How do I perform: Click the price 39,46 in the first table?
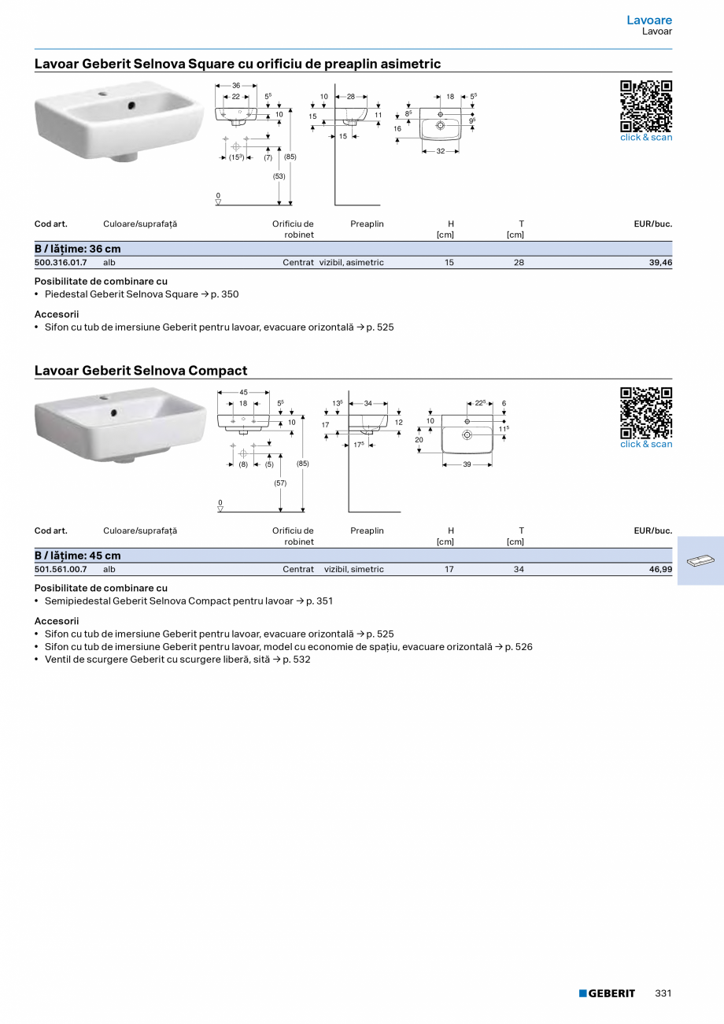click(660, 263)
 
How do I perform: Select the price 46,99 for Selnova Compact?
click(660, 569)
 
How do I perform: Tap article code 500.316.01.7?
click(61, 263)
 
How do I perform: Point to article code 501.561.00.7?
click(61, 569)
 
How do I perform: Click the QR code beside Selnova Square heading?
click(646, 106)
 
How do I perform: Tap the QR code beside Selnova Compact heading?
click(646, 413)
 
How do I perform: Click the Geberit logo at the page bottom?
click(607, 993)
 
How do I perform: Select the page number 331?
click(663, 993)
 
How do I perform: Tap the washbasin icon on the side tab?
click(700, 560)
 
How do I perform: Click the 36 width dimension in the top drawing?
click(236, 85)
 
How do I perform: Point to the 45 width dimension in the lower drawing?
click(243, 392)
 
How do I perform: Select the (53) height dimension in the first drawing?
click(279, 176)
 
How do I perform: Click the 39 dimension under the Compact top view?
click(467, 464)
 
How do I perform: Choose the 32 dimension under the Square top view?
click(441, 151)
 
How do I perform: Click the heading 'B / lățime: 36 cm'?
click(78, 249)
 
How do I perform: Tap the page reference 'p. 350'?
click(224, 294)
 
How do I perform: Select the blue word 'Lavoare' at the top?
click(649, 20)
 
